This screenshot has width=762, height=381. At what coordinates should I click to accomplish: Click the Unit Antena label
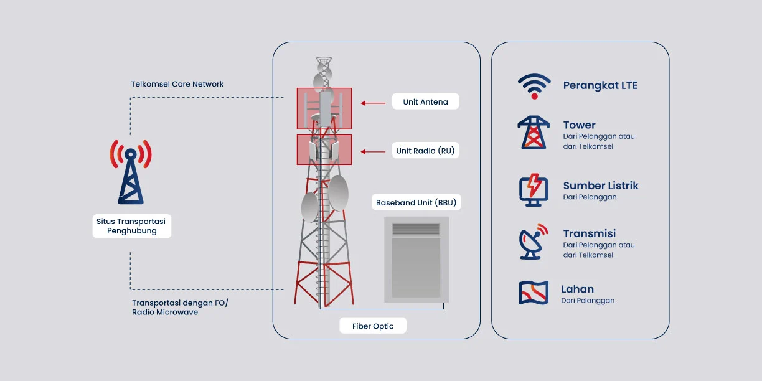[425, 101]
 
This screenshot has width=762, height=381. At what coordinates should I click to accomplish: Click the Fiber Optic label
[373, 326]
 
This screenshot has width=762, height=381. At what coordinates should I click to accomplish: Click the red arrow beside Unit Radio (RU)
[374, 151]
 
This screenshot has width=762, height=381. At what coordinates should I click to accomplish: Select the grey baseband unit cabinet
[416, 259]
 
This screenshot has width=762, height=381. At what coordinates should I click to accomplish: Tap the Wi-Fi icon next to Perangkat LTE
[534, 86]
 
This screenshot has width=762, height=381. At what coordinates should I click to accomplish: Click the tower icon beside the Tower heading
[534, 133]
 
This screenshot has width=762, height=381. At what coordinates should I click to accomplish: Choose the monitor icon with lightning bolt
[534, 190]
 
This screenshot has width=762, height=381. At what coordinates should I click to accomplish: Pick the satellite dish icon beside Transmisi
[534, 242]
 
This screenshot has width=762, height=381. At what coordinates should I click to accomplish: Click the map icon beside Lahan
[534, 293]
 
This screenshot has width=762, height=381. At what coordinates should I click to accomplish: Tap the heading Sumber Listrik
[601, 186]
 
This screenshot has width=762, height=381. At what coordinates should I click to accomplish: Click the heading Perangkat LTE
[600, 85]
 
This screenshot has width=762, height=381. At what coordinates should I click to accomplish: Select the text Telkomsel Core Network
[177, 84]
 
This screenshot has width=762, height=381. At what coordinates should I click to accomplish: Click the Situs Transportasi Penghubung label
[131, 226]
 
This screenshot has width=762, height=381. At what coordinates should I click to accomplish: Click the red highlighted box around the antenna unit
[324, 108]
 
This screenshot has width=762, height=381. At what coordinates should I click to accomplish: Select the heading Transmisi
[590, 233]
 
